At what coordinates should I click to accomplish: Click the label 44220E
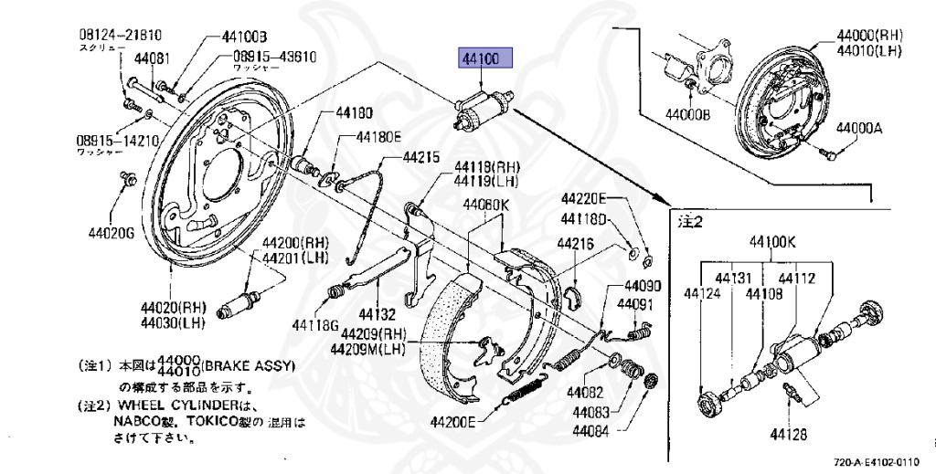tap(583, 198)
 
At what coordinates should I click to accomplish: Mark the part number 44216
tap(578, 244)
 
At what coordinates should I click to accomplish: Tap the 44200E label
tap(453, 422)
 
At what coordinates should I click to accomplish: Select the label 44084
tap(596, 429)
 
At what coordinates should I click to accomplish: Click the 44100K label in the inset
tap(773, 242)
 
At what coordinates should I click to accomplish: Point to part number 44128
tap(787, 435)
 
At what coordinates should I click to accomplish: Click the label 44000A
tap(861, 129)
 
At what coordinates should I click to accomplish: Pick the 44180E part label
tap(378, 137)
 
